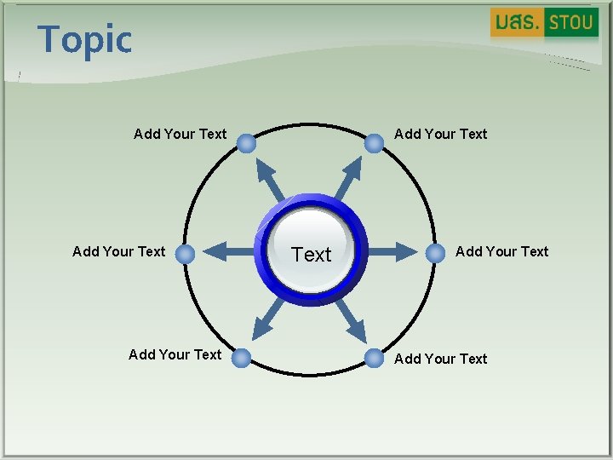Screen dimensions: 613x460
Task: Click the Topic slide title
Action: pyautogui.click(x=85, y=40)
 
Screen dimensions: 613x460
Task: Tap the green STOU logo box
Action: pyautogui.click(x=571, y=23)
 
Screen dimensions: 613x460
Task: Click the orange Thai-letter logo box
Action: pyautogui.click(x=517, y=23)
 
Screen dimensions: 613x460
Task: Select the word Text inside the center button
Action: pyautogui.click(x=312, y=255)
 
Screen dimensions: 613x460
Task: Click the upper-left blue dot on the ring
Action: pyautogui.click(x=246, y=143)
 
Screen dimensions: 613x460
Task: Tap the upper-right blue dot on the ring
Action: pyautogui.click(x=374, y=143)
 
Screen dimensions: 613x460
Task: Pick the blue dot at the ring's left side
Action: pyautogui.click(x=186, y=252)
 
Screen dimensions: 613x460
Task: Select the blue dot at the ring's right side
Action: pyautogui.click(x=436, y=252)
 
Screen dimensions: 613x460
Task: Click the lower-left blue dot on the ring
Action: pyautogui.click(x=242, y=358)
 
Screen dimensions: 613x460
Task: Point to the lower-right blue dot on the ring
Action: pyautogui.click(x=374, y=358)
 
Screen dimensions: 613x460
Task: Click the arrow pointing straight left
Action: pyautogui.click(x=227, y=251)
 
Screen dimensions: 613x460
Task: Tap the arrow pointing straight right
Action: pyautogui.click(x=392, y=251)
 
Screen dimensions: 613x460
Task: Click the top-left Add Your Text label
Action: pyautogui.click(x=180, y=134)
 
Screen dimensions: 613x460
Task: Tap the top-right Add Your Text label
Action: pyautogui.click(x=441, y=134)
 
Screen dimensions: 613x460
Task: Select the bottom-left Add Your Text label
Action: pyautogui.click(x=175, y=354)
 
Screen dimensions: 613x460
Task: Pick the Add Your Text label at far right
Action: pyautogui.click(x=502, y=251)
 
